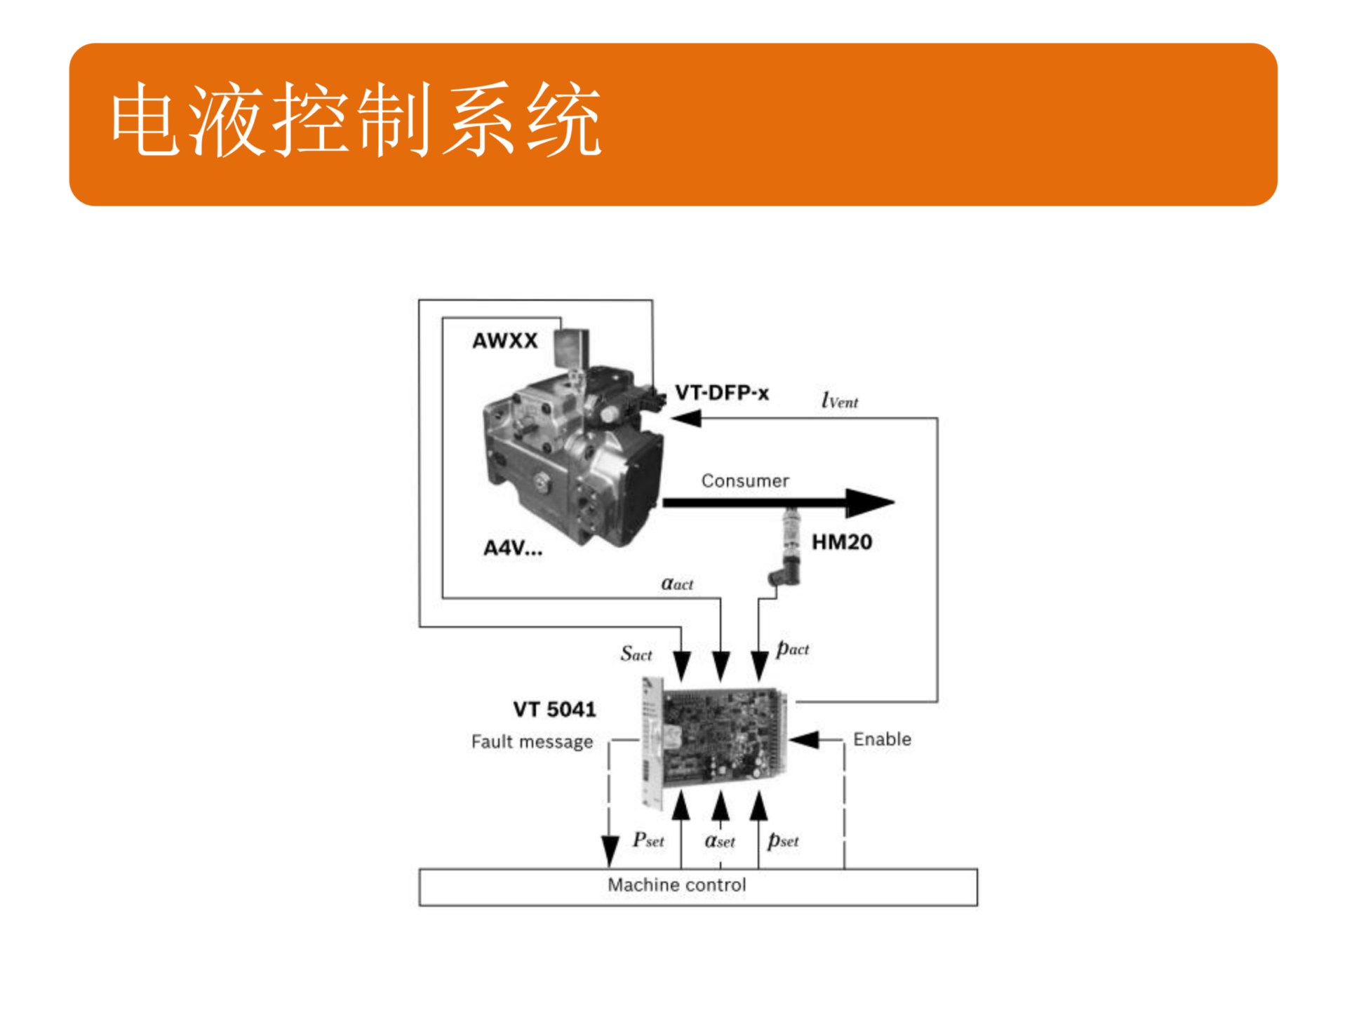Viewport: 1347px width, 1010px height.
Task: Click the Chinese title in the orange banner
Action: pyautogui.click(x=356, y=119)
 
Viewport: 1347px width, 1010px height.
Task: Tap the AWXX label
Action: pyautogui.click(x=504, y=341)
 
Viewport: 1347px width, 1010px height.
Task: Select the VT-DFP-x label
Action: pyautogui.click(x=721, y=393)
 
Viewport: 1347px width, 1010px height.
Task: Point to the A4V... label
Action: pyautogui.click(x=512, y=548)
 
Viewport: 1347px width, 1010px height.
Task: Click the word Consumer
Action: pyautogui.click(x=745, y=481)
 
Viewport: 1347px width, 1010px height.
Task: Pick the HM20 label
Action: pyautogui.click(x=841, y=542)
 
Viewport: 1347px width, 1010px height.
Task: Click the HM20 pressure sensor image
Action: pyautogui.click(x=789, y=547)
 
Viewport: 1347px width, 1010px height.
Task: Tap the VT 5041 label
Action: pyautogui.click(x=554, y=710)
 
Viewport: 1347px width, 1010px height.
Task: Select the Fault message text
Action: pyautogui.click(x=532, y=742)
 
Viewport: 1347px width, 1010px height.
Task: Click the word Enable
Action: pyautogui.click(x=882, y=739)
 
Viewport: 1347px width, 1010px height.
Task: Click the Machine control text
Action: pyautogui.click(x=676, y=885)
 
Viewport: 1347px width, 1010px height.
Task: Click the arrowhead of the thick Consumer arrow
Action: pyautogui.click(x=870, y=502)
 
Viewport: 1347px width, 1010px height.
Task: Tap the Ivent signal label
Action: pyautogui.click(x=839, y=401)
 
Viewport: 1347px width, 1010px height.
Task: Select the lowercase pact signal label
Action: pyautogui.click(x=792, y=649)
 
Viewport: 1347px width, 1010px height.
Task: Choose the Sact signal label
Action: pyautogui.click(x=636, y=654)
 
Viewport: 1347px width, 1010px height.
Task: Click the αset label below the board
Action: pyautogui.click(x=720, y=840)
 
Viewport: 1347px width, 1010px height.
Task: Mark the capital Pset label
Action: pyautogui.click(x=648, y=840)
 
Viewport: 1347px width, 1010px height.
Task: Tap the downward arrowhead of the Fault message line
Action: pyautogui.click(x=610, y=851)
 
